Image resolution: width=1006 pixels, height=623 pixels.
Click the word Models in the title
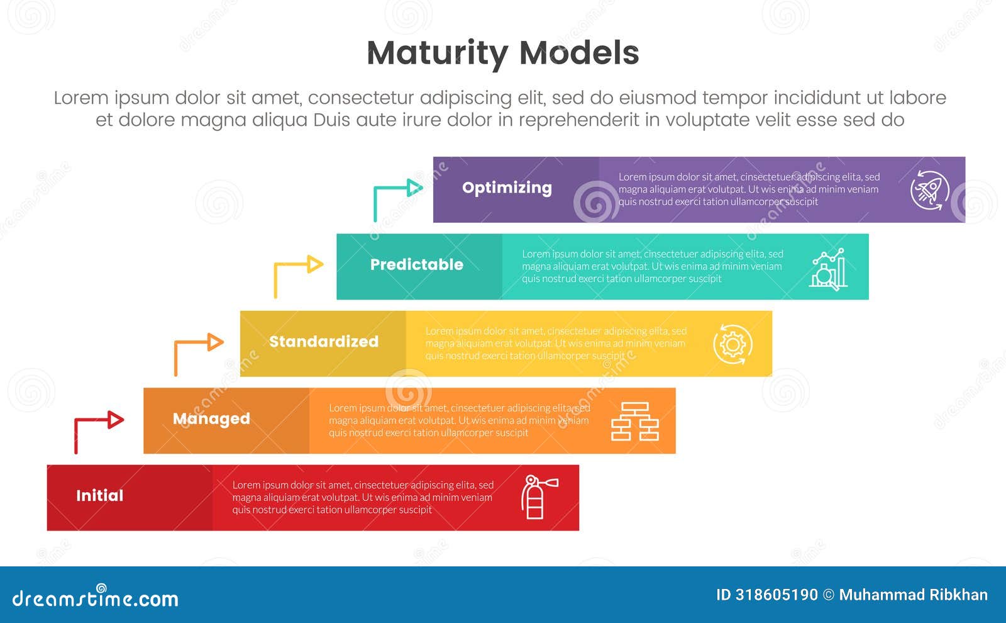(x=579, y=53)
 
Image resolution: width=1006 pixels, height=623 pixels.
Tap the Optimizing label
(x=507, y=188)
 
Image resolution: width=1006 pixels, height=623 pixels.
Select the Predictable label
(x=416, y=265)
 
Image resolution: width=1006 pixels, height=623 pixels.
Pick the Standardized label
(x=324, y=342)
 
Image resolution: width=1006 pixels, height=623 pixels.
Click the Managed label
(x=211, y=419)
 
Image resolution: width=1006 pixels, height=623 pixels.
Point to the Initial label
(x=99, y=496)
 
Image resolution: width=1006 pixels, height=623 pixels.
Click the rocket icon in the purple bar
(x=930, y=190)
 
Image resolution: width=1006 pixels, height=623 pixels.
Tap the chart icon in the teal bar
(x=828, y=269)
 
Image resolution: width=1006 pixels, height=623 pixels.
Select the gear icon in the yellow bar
(x=732, y=344)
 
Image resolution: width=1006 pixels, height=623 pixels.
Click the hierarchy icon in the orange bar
(x=635, y=421)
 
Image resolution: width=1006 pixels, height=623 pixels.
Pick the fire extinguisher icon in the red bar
(x=536, y=497)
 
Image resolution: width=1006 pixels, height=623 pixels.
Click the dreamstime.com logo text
(x=96, y=598)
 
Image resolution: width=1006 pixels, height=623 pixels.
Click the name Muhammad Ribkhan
(x=913, y=595)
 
